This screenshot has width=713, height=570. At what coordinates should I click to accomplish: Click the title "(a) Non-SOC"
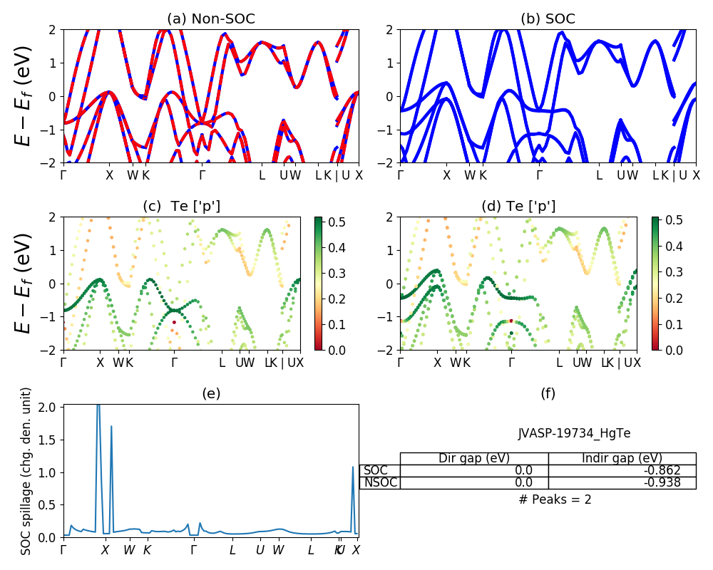click(210, 19)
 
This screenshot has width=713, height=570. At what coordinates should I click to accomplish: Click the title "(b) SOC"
click(548, 19)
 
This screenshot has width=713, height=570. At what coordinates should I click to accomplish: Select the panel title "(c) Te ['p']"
click(182, 207)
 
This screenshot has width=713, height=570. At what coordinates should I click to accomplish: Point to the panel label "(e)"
click(210, 393)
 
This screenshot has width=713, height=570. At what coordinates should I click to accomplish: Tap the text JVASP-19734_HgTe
click(574, 433)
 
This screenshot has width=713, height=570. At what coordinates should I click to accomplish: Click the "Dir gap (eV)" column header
click(474, 458)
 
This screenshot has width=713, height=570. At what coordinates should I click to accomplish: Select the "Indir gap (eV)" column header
click(622, 458)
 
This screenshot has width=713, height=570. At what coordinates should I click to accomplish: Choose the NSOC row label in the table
click(380, 482)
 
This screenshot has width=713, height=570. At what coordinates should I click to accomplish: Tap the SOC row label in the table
click(376, 470)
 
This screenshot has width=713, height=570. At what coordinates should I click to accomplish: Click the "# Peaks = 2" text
click(555, 499)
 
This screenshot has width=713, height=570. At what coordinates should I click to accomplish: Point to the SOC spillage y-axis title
click(26, 471)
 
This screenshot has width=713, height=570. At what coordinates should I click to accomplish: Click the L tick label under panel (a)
click(262, 175)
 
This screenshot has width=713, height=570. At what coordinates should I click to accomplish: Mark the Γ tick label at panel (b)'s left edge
click(401, 175)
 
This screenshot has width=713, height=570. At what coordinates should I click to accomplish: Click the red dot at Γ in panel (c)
click(173, 323)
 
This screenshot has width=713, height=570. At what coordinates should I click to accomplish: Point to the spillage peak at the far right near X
click(353, 468)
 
